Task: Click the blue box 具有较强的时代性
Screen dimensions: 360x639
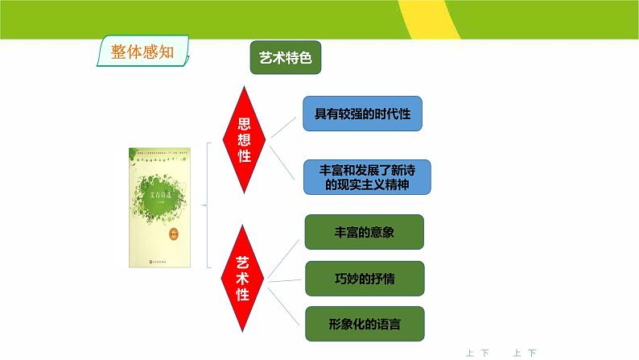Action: pos(362,114)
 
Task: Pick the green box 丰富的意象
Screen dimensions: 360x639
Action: pos(363,232)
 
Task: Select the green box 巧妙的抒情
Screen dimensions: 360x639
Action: pos(363,278)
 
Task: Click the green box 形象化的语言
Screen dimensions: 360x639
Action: pos(364,324)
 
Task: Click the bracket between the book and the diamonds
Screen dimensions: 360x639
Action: pos(208,205)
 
